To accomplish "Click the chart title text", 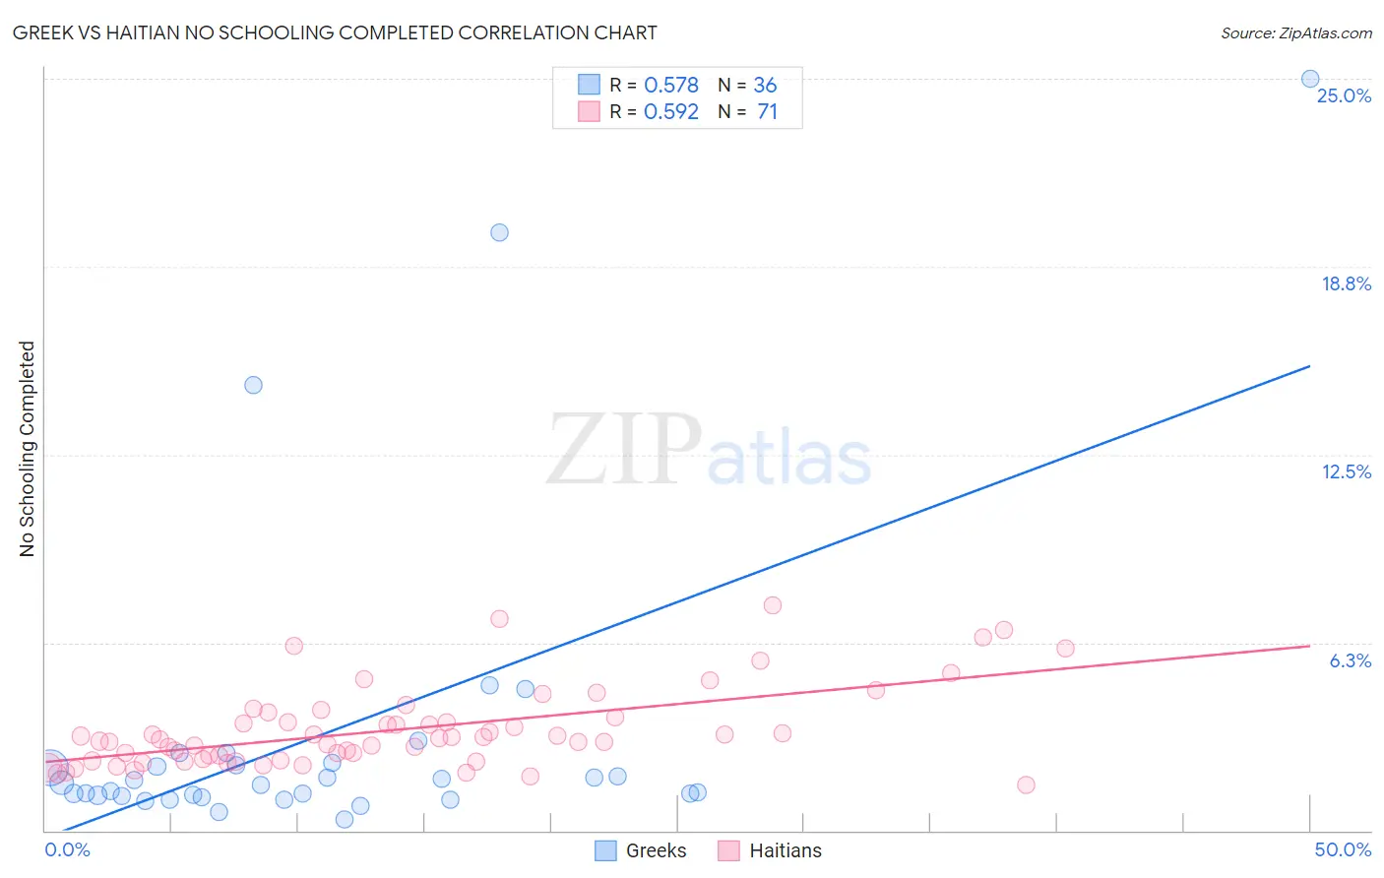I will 335,32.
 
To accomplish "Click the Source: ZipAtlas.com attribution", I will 1295,32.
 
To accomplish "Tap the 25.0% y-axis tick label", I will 1344,95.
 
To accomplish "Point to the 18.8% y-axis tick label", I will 1346,283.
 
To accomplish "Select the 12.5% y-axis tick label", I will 1346,471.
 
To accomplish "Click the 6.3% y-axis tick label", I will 1350,660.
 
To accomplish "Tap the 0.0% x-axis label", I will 67,849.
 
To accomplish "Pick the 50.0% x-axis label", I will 1343,849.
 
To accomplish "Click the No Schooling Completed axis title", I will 28,449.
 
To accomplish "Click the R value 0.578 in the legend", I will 670,86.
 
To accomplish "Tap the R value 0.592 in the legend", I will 670,112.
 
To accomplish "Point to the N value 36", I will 765,86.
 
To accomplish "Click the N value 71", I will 767,112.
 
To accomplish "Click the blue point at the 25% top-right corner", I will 1310,79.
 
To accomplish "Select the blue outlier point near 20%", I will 499,232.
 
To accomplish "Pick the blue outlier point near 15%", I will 253,385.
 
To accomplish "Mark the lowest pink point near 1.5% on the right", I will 1026,784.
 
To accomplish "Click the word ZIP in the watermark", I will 623,450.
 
